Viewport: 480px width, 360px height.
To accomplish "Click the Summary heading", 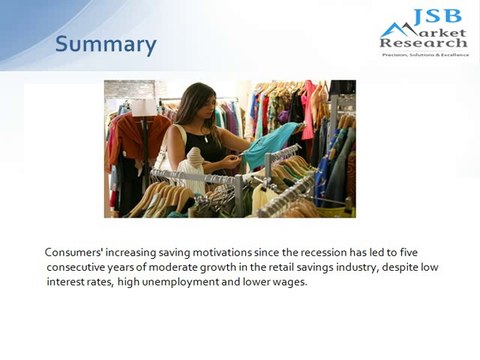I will tap(105, 45).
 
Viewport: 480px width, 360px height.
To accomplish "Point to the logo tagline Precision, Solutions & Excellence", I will tap(423, 54).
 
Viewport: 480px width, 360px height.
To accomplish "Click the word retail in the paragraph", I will tap(266, 268).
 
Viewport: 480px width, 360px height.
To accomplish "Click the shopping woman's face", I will tap(205, 104).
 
